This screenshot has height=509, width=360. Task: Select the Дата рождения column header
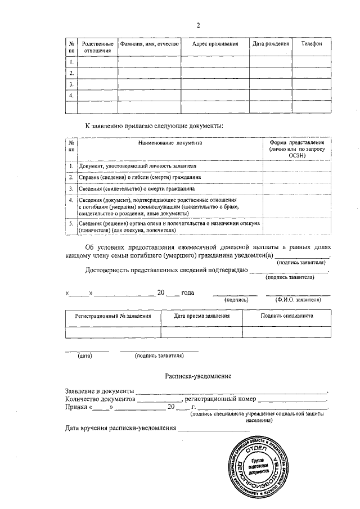click(x=271, y=44)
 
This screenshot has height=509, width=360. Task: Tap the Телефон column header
click(x=311, y=44)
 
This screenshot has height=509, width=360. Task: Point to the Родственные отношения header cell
click(x=98, y=47)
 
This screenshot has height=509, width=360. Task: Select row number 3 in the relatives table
click(x=71, y=84)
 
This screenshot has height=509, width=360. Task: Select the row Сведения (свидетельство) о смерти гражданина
click(x=133, y=188)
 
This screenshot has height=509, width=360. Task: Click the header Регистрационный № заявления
click(x=113, y=316)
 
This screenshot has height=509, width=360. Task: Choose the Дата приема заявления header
click(x=201, y=316)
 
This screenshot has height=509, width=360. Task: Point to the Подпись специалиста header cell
click(x=287, y=316)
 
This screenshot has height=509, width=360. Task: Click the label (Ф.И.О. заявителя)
click(x=298, y=300)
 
